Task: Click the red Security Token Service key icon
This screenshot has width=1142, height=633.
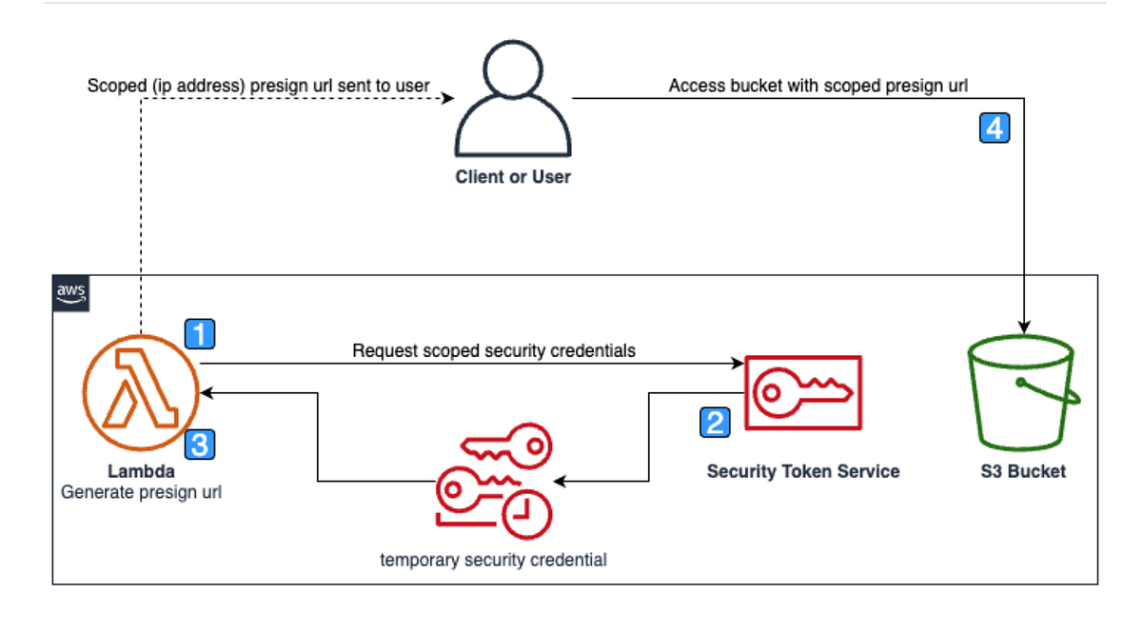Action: pyautogui.click(x=802, y=393)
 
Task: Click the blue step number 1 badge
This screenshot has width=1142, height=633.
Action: pyautogui.click(x=199, y=334)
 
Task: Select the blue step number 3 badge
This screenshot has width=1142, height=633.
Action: pyautogui.click(x=199, y=443)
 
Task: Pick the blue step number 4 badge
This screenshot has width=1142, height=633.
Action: pyautogui.click(x=994, y=129)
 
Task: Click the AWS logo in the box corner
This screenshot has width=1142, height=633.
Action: pyautogui.click(x=71, y=293)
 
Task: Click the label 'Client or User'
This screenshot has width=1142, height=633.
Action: pyautogui.click(x=513, y=177)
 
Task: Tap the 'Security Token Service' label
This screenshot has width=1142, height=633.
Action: pyautogui.click(x=802, y=471)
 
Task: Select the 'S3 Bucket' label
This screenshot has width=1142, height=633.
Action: pyautogui.click(x=1022, y=471)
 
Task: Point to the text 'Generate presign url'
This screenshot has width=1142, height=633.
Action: pyautogui.click(x=141, y=492)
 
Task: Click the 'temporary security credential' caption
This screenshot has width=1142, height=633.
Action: pyautogui.click(x=493, y=560)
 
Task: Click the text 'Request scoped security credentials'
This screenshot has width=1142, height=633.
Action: pyautogui.click(x=493, y=350)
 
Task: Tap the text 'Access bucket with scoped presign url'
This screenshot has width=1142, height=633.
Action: pyautogui.click(x=817, y=86)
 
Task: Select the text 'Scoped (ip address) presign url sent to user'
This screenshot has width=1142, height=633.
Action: pyautogui.click(x=259, y=86)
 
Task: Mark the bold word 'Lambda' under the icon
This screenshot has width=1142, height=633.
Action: pyautogui.click(x=141, y=471)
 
